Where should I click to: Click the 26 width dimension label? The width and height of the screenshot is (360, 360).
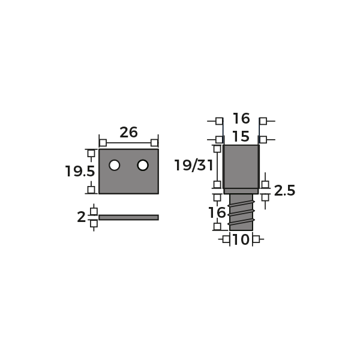tap(128, 132)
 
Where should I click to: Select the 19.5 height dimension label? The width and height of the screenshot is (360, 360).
tap(80, 171)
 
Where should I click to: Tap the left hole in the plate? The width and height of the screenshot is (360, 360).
tap(115, 165)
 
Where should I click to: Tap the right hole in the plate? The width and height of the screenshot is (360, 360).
tap(143, 165)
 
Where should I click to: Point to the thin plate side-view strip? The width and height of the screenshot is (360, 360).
tap(128, 217)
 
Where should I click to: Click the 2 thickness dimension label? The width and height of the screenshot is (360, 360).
tap(81, 217)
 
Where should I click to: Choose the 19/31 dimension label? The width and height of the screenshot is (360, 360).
tap(194, 166)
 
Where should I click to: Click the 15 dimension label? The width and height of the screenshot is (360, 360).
tap(241, 136)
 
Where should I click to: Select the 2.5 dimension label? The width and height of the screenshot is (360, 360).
tap(284, 191)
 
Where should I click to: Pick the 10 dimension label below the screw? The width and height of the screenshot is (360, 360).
tap(241, 239)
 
